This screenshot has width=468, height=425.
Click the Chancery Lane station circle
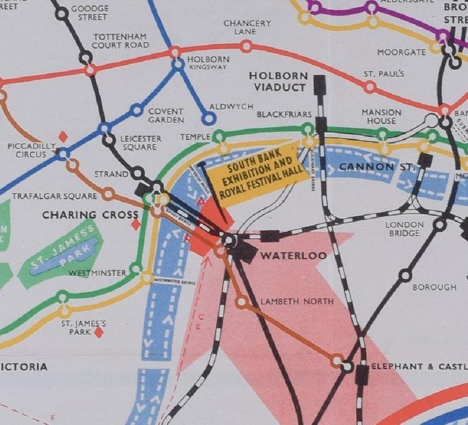click(246, 46)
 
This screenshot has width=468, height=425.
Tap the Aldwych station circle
click(209, 119)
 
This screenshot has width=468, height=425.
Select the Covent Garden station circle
click(137, 110)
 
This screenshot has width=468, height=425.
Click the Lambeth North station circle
click(242, 301)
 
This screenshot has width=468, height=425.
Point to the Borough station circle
click(405, 275)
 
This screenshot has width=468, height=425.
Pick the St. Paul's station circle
click(369, 86)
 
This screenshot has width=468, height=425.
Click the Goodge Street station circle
click(62, 13)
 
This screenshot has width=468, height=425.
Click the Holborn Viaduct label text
click(277, 81)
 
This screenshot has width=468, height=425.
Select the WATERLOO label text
click(293, 256)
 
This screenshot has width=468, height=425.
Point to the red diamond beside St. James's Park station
click(99, 332)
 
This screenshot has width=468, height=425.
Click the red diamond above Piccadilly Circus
click(62, 136)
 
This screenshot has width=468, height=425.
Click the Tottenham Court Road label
click(121, 41)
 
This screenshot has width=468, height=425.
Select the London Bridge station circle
click(439, 225)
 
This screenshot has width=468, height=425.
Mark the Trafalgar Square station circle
click(108, 194)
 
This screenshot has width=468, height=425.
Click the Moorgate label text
click(402, 52)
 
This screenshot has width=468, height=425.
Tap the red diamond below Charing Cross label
click(136, 225)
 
